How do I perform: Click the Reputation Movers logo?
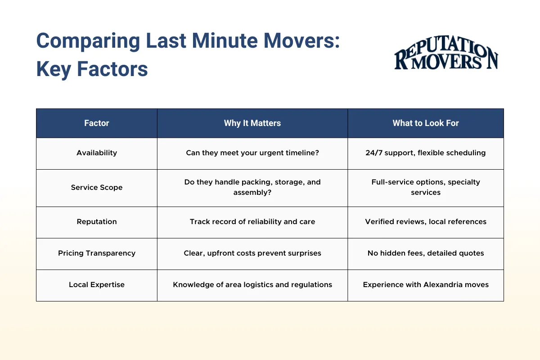(446, 57)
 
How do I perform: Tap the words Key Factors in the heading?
(92, 69)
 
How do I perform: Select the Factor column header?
(97, 123)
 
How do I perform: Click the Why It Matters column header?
(252, 123)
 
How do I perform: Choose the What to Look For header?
(425, 123)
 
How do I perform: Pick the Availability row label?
(97, 153)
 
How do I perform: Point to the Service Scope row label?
(97, 188)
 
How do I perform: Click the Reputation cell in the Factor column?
(97, 222)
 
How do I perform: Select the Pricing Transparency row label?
(97, 253)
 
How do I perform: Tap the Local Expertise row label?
(97, 285)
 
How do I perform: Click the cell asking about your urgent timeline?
(252, 153)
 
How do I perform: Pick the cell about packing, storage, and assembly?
(252, 188)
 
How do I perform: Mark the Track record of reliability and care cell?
(252, 222)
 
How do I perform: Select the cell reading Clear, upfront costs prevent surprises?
(252, 253)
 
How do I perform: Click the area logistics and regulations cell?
(252, 285)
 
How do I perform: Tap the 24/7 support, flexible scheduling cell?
(425, 153)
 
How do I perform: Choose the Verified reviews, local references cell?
(425, 222)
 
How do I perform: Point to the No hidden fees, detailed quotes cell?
(425, 253)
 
